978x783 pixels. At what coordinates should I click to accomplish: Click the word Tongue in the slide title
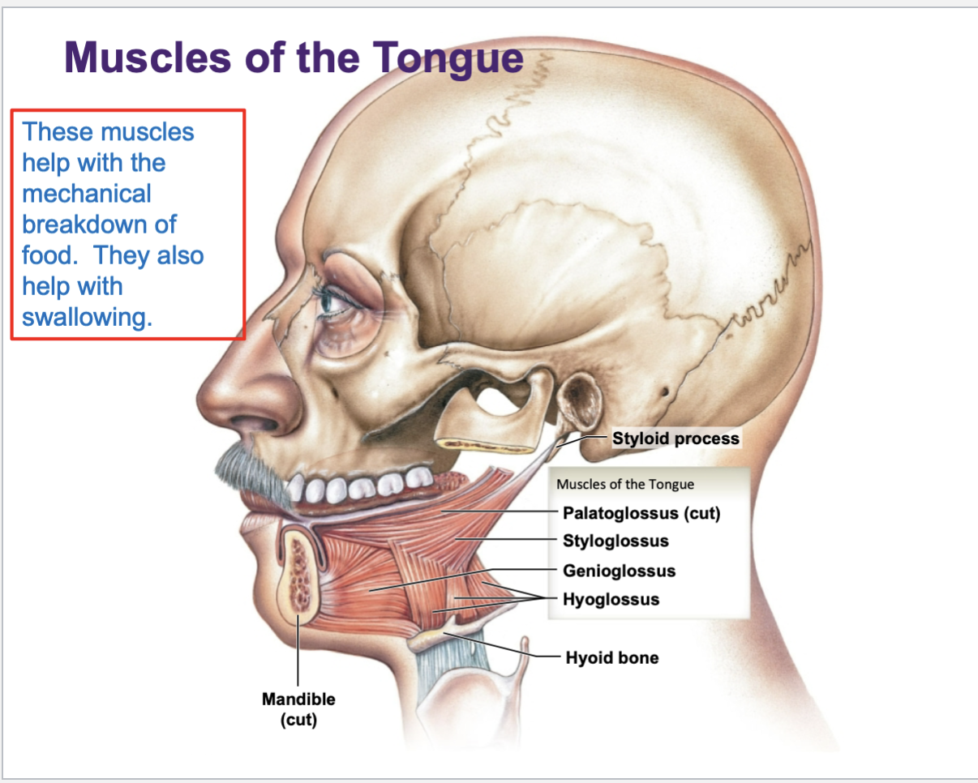[448, 58]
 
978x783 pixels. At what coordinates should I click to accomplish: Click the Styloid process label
[676, 439]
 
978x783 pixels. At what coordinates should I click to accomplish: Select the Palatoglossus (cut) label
[641, 513]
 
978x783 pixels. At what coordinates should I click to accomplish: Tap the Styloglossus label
[616, 541]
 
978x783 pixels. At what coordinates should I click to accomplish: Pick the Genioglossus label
[619, 571]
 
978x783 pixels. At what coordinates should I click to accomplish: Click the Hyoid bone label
[611, 657]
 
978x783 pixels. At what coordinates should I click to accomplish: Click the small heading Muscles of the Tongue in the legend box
[625, 484]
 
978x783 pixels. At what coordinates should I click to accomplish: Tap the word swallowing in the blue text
[87, 317]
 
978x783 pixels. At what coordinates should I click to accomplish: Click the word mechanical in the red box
[87, 194]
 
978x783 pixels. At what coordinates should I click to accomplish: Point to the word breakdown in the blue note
[99, 225]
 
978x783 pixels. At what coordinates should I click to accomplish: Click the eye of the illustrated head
[333, 303]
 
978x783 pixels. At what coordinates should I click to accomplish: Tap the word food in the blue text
[49, 255]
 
